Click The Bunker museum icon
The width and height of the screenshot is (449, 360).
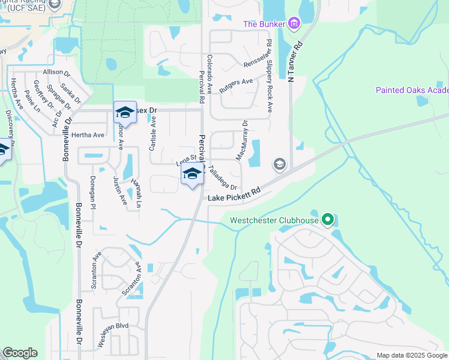[294, 24]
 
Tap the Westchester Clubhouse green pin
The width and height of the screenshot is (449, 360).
[327, 220]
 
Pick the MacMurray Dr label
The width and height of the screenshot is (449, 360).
[242, 142]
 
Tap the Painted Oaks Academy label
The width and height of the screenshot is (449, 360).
[412, 90]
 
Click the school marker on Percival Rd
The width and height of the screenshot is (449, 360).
[191, 175]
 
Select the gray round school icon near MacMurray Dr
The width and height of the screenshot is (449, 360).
[279, 163]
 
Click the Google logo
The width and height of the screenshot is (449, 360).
[20, 353]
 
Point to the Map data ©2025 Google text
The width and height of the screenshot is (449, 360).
[411, 355]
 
